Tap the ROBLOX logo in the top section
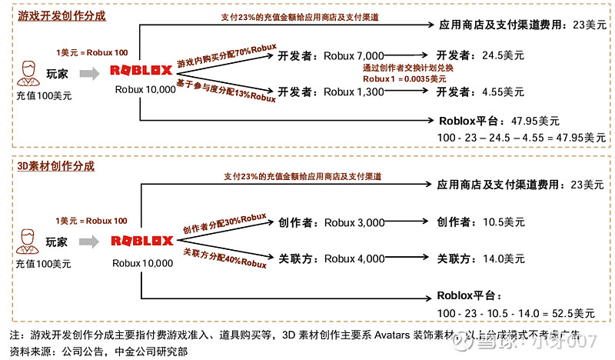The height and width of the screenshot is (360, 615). (141, 72)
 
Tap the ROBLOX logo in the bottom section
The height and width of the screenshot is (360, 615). (142, 241)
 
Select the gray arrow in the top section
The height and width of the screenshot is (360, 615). (89, 73)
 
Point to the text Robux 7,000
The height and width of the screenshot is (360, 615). (353, 56)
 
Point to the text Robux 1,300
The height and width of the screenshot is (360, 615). (353, 92)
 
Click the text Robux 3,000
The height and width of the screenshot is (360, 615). (354, 223)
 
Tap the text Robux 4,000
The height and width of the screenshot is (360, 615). (354, 258)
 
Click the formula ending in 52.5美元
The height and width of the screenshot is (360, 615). (515, 314)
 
